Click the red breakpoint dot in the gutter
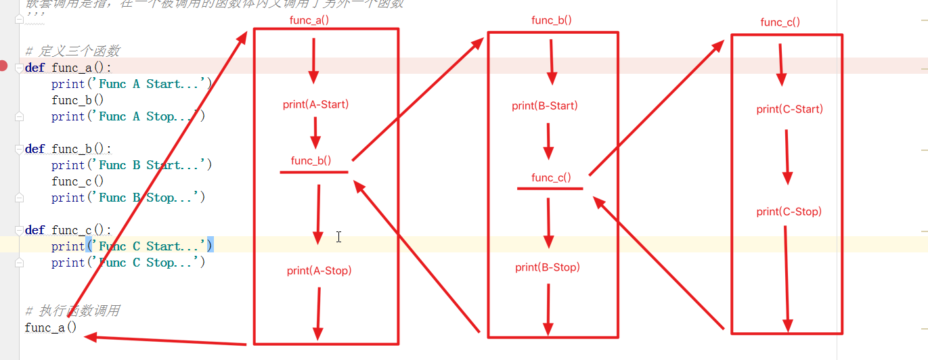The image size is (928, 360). pos(4,66)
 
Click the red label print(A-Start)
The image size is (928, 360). pos(315,104)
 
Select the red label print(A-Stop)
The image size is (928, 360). pos(319,271)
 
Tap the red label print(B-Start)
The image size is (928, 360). pos(545,106)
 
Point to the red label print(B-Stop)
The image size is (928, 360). pos(548,267)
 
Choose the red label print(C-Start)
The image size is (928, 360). pos(790,109)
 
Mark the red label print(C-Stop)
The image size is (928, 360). pos(789,212)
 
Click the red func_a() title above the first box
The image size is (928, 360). pos(309,20)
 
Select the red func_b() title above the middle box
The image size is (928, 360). pos(552,20)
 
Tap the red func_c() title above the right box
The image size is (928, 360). pos(780,22)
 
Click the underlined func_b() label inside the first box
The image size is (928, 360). pos(311,160)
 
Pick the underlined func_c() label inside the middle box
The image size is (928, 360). pos(551,177)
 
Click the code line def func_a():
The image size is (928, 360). pos(68,68)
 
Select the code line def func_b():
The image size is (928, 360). pos(68,149)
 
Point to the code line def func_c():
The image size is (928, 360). pos(68,230)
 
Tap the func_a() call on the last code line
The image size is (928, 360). pos(51,328)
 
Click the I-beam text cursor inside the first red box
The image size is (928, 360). pos(338,237)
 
